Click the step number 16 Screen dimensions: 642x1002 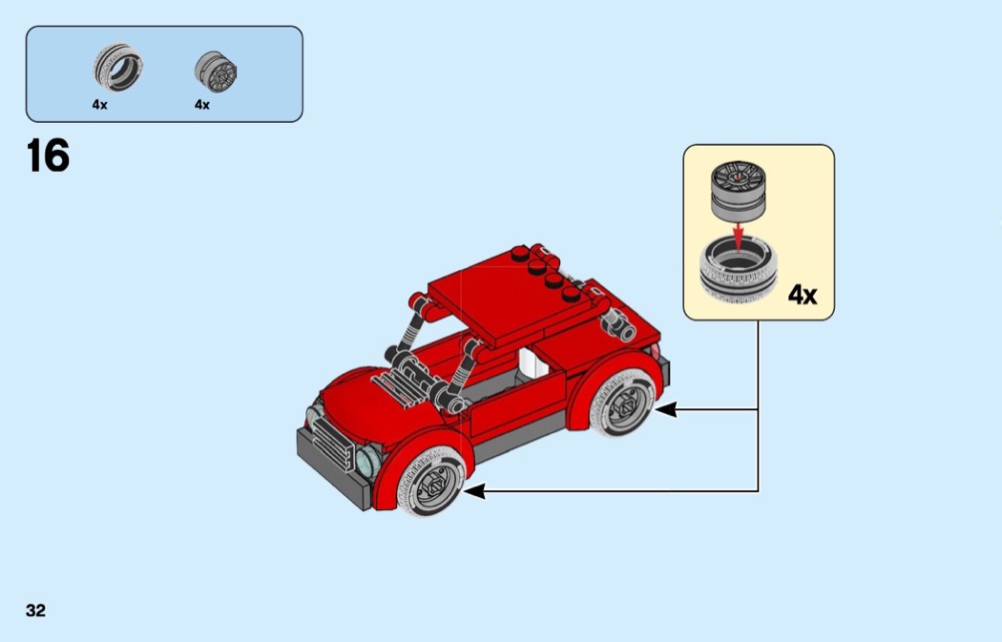click(x=48, y=155)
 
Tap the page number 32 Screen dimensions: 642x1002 click(x=35, y=611)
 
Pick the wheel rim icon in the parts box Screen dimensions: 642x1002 click(x=216, y=72)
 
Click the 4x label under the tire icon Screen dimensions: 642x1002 click(x=99, y=105)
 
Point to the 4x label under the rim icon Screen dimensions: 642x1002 click(x=201, y=105)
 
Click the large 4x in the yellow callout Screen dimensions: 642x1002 click(x=803, y=296)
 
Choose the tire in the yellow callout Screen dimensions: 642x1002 click(x=738, y=270)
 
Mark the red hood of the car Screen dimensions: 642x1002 click(x=358, y=396)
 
